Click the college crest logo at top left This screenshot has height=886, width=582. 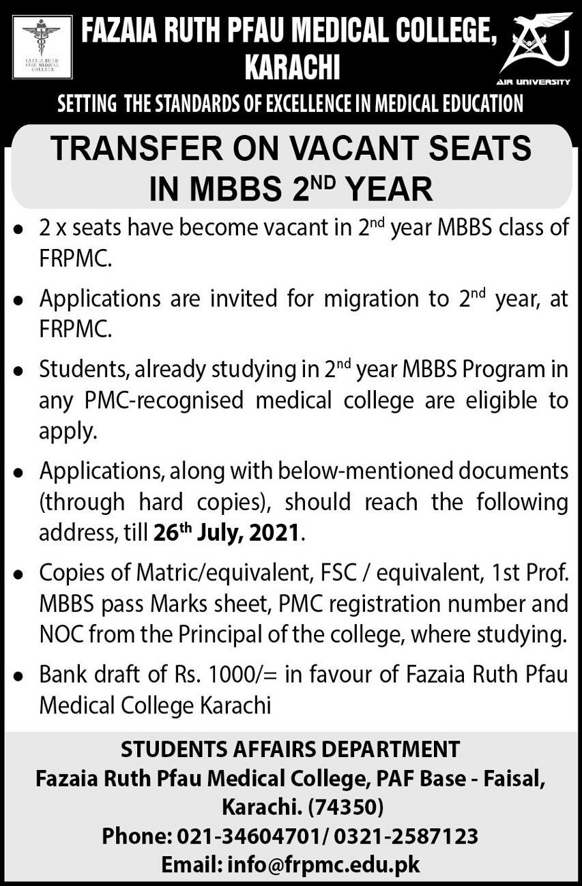coord(42,46)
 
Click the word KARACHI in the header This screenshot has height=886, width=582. coord(291,68)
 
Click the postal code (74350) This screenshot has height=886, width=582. coord(346,808)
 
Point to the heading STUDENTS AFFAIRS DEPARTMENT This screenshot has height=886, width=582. coord(291,749)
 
